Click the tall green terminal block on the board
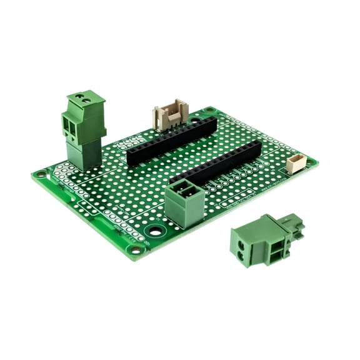pos(83,129)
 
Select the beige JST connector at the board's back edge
pos(171,116)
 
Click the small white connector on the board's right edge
pos(296,164)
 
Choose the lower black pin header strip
pos(216,162)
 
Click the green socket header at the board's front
pos(184,201)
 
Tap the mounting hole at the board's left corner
pos(41,174)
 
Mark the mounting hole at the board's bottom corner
pos(135,250)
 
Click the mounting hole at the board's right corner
pos(310,162)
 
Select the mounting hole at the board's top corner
pos(208,111)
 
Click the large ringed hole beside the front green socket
pos(155,231)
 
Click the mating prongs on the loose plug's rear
pos(294,225)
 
